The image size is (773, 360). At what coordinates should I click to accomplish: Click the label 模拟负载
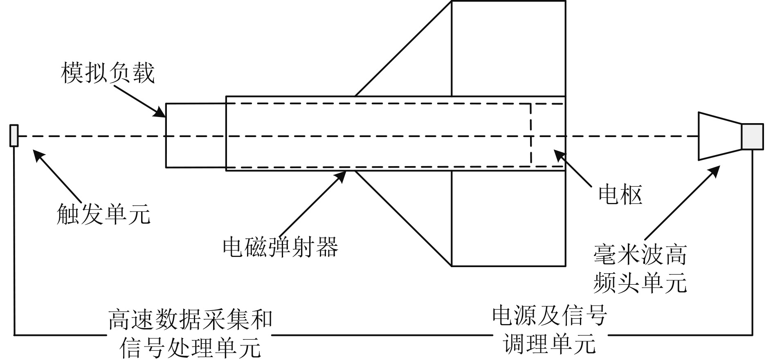coord(108,73)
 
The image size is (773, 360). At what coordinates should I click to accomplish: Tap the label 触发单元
coord(103,214)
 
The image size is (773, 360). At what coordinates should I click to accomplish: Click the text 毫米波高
coord(640,255)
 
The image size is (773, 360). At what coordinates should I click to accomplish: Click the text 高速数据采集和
coord(190,319)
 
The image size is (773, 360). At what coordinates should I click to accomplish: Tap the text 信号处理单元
coord(190,347)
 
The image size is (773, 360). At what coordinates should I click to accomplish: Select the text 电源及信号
coord(549,315)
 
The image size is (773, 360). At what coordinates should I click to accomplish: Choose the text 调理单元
coord(549,343)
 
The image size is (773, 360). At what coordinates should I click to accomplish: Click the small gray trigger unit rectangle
coord(14,135)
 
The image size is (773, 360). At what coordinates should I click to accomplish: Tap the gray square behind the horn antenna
coord(752,136)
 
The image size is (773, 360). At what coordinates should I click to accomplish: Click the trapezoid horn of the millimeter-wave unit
coord(719,136)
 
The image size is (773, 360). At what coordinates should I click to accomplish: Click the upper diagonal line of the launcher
coord(403,49)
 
